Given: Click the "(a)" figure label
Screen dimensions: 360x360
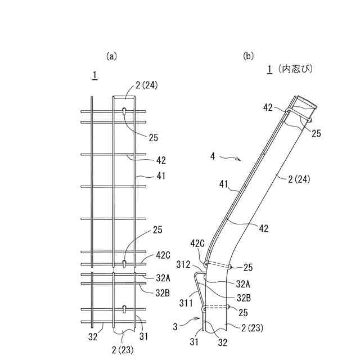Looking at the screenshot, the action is tap(111, 56).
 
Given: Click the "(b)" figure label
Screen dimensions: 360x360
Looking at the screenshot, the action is tap(249, 56).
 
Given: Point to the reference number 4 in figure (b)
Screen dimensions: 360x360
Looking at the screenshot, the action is tap(213, 156).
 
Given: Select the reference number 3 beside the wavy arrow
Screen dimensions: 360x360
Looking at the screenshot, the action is tap(175, 327).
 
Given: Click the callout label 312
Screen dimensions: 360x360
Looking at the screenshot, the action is tap(183, 265).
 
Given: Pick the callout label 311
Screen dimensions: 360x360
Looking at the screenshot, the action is tap(186, 303).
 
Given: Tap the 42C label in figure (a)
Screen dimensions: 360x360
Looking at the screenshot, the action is tap(163, 255).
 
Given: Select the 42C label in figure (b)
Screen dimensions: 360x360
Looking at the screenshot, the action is tap(197, 244).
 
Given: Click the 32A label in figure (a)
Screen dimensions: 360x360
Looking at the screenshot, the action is tap(163, 278).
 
